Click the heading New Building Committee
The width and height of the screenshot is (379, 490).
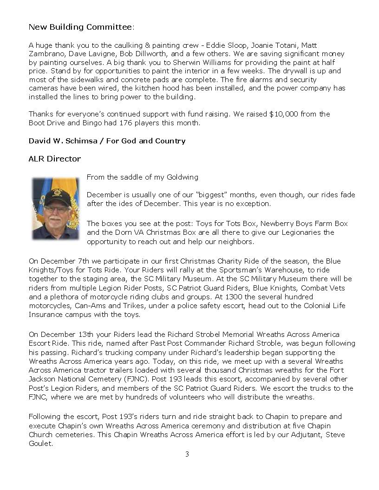[x=80, y=27]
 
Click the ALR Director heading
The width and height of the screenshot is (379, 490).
[x=54, y=159]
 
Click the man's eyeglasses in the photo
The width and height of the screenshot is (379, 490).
[x=55, y=209]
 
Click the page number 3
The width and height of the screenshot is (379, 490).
[x=187, y=454]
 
